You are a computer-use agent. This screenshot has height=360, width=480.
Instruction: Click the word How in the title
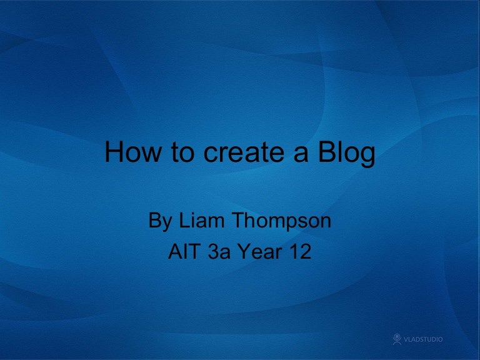point(130,153)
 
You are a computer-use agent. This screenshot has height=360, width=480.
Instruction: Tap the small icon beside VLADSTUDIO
point(396,339)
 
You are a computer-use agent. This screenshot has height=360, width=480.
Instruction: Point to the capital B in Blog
point(322,153)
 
